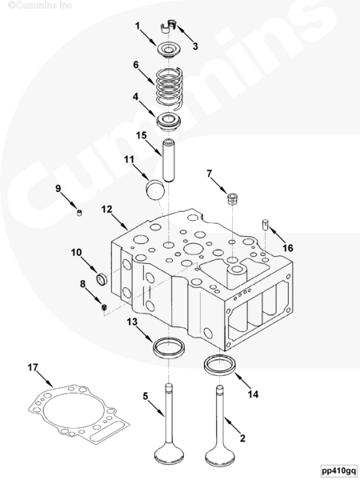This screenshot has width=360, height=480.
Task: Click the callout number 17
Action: click(33, 367)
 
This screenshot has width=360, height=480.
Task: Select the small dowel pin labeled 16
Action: click(265, 225)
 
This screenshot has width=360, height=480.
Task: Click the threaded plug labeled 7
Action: click(233, 199)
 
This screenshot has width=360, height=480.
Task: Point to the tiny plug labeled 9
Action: click(79, 213)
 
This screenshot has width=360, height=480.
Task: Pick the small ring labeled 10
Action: click(102, 278)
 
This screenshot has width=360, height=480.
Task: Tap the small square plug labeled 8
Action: click(104, 307)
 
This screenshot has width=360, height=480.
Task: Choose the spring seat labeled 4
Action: click(169, 122)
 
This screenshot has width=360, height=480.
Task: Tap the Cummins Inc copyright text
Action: click(40, 5)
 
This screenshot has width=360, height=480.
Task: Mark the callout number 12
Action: click(107, 209)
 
